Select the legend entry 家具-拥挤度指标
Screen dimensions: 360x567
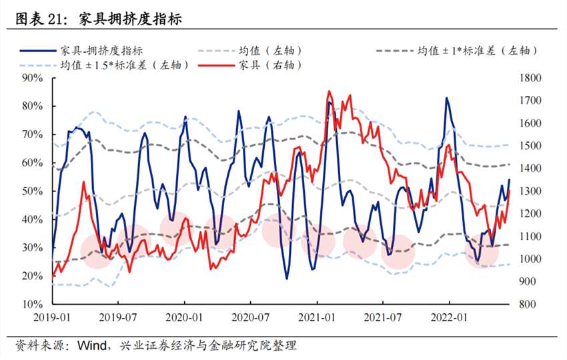(x=101, y=50)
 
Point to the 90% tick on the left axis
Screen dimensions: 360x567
(x=32, y=78)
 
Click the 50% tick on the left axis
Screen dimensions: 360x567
(x=32, y=191)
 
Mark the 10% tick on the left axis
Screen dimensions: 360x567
(x=32, y=303)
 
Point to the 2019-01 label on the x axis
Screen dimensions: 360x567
(x=52, y=318)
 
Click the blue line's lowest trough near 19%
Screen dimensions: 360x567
(x=287, y=279)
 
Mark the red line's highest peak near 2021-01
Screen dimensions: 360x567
(x=329, y=91)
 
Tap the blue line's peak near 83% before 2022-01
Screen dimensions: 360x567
(x=446, y=98)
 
